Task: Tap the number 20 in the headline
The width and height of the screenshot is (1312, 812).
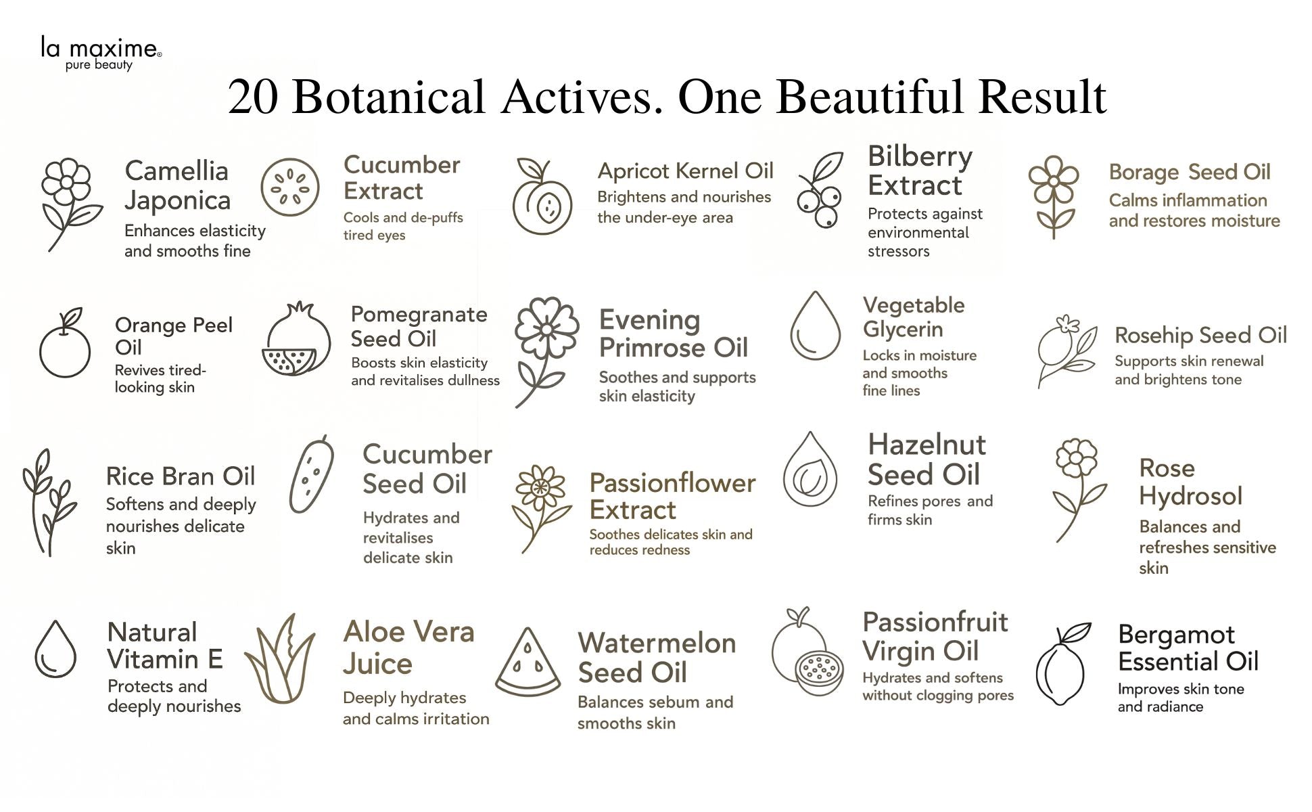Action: click(x=253, y=97)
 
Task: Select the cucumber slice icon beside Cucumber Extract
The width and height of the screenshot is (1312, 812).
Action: click(x=290, y=187)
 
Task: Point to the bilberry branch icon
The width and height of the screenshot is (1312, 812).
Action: click(x=820, y=189)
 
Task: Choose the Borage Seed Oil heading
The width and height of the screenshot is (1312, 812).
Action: click(x=1190, y=173)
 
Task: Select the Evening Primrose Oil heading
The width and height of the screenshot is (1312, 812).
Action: click(x=674, y=334)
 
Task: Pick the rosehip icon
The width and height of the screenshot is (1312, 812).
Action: click(x=1068, y=351)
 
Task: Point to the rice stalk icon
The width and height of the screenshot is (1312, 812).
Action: click(x=49, y=502)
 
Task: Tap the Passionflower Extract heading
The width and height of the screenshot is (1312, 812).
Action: click(x=672, y=496)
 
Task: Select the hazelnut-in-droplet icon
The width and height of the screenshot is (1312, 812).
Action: click(x=810, y=470)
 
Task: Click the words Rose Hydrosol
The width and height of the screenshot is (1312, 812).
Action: click(x=1190, y=482)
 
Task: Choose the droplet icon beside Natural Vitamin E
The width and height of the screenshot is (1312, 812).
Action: click(x=55, y=649)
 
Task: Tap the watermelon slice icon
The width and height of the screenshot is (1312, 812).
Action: click(x=528, y=662)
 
